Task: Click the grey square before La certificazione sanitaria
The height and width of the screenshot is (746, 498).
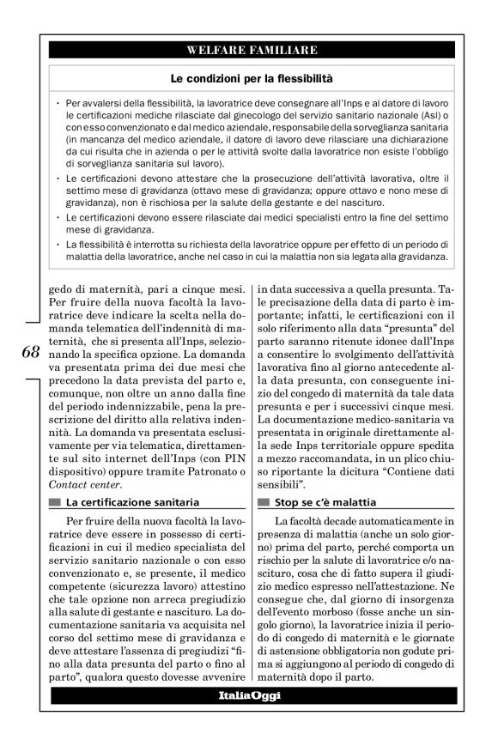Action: click(x=56, y=501)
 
